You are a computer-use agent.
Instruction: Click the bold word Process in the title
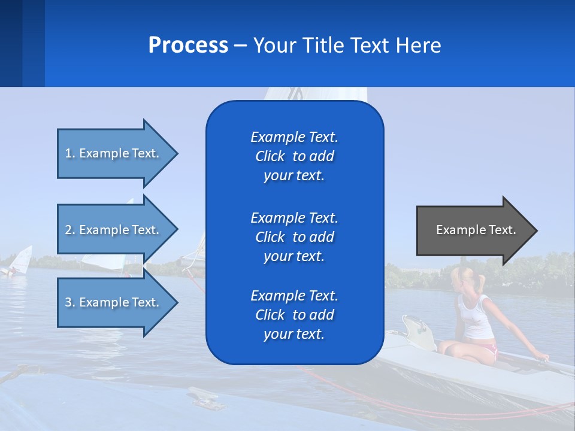[188, 45]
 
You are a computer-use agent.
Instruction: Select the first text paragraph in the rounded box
[294, 156]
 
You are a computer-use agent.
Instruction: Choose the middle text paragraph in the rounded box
[294, 237]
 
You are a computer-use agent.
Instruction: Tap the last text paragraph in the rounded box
[294, 315]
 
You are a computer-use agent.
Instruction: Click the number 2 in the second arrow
[68, 230]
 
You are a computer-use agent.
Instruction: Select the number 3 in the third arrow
[68, 302]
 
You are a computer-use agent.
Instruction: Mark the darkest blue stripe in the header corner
[11, 43]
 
